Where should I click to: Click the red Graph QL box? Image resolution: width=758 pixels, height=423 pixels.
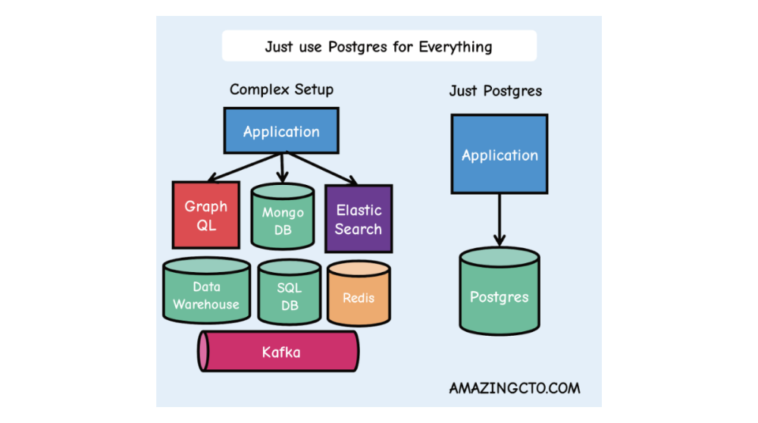tap(205, 215)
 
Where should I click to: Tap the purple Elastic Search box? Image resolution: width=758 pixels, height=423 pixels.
tap(359, 218)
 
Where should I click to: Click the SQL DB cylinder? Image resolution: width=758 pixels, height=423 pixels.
tap(289, 296)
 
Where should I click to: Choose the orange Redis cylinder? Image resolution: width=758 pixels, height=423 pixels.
tap(359, 296)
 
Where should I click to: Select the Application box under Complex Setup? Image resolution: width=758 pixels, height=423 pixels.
tap(281, 130)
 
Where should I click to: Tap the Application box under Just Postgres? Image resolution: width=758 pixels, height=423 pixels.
tap(499, 155)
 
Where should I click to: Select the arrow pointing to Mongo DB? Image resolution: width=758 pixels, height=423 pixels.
tap(282, 167)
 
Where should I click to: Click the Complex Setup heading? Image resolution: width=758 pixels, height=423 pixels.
tap(281, 89)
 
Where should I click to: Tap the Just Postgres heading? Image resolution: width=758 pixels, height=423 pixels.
tap(496, 91)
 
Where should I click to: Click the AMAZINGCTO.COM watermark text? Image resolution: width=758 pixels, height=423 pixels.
tap(515, 387)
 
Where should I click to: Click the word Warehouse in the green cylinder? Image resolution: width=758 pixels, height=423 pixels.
tap(206, 305)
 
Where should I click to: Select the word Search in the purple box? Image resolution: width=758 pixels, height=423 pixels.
tap(359, 229)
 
